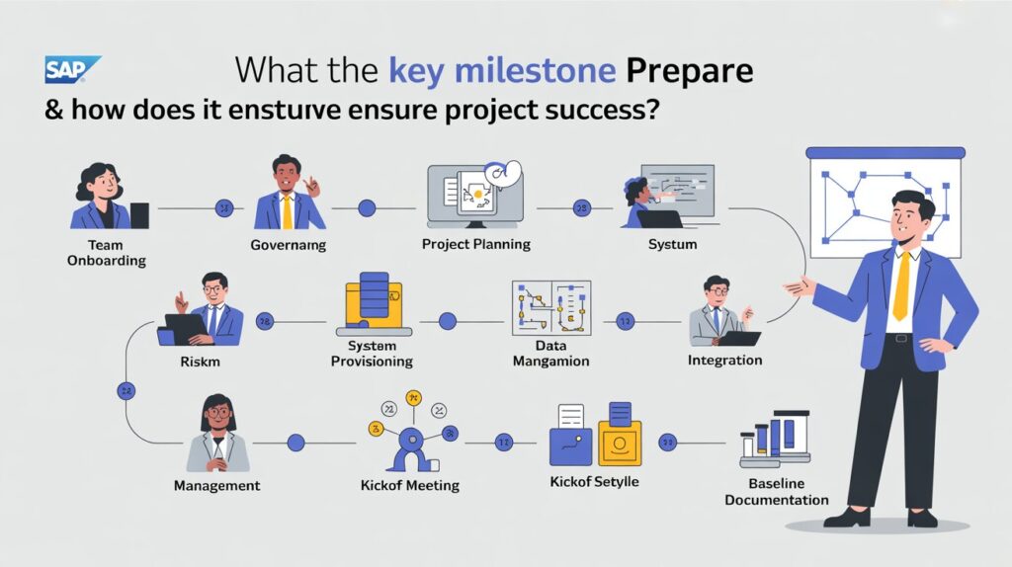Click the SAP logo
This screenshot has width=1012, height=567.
pyautogui.click(x=71, y=70)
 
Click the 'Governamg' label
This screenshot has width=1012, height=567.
pyautogui.click(x=289, y=245)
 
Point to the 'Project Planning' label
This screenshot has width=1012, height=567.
pyautogui.click(x=475, y=244)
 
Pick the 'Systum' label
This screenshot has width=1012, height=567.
pyautogui.click(x=672, y=244)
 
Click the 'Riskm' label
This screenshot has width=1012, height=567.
pyautogui.click(x=201, y=362)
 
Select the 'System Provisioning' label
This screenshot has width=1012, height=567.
pyautogui.click(x=372, y=354)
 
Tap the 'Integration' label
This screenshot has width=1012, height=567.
pyautogui.click(x=724, y=361)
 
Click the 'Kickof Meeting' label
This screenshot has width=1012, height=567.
pyautogui.click(x=409, y=485)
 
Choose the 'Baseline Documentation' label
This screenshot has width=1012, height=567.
pyautogui.click(x=776, y=492)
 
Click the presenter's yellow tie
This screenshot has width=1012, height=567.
pyautogui.click(x=900, y=285)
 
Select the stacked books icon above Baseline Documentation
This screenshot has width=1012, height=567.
pyautogui.click(x=775, y=441)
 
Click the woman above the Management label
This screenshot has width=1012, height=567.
pyautogui.click(x=217, y=434)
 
